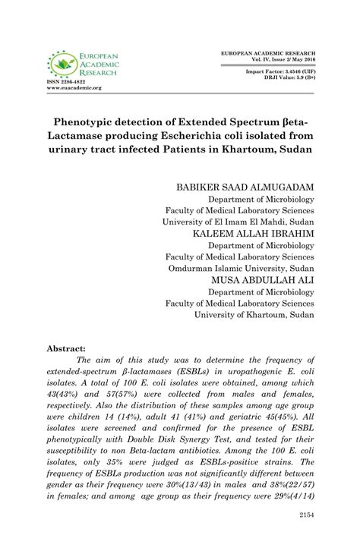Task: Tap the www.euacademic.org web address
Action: coord(74,88)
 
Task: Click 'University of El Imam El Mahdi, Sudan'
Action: coord(238,222)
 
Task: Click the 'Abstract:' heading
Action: coord(66,348)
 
